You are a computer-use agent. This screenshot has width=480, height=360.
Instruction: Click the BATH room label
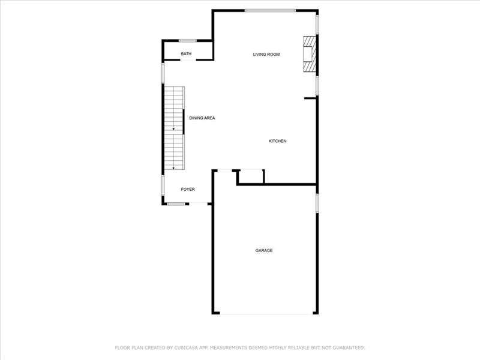[186, 54]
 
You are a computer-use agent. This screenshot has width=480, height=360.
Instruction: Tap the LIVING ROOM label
[266, 55]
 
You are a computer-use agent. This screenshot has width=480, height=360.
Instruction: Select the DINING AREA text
[202, 118]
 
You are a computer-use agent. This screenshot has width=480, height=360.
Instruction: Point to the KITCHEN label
[278, 141]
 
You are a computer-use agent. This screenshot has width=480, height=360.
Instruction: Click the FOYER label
[188, 190]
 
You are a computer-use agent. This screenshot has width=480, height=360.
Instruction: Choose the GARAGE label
[264, 250]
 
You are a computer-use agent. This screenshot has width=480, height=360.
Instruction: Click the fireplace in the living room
[309, 54]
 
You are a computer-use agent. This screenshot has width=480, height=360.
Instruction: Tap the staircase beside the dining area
[175, 128]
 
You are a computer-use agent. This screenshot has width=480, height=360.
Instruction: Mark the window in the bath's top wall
[188, 41]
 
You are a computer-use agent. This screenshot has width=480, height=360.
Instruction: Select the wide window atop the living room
[270, 11]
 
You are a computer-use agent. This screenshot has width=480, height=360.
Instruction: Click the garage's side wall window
[317, 203]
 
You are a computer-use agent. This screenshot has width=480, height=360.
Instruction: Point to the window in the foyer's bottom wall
[176, 204]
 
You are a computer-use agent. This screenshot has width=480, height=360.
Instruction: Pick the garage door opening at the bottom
[266, 313]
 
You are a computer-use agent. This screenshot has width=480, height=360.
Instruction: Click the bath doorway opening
[188, 60]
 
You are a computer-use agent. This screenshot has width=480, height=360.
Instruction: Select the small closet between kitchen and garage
[250, 177]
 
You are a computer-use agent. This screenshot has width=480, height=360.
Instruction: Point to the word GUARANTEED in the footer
[349, 348]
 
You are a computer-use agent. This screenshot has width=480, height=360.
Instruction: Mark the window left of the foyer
[163, 185]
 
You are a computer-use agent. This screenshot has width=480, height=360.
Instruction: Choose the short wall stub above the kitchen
[310, 98]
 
